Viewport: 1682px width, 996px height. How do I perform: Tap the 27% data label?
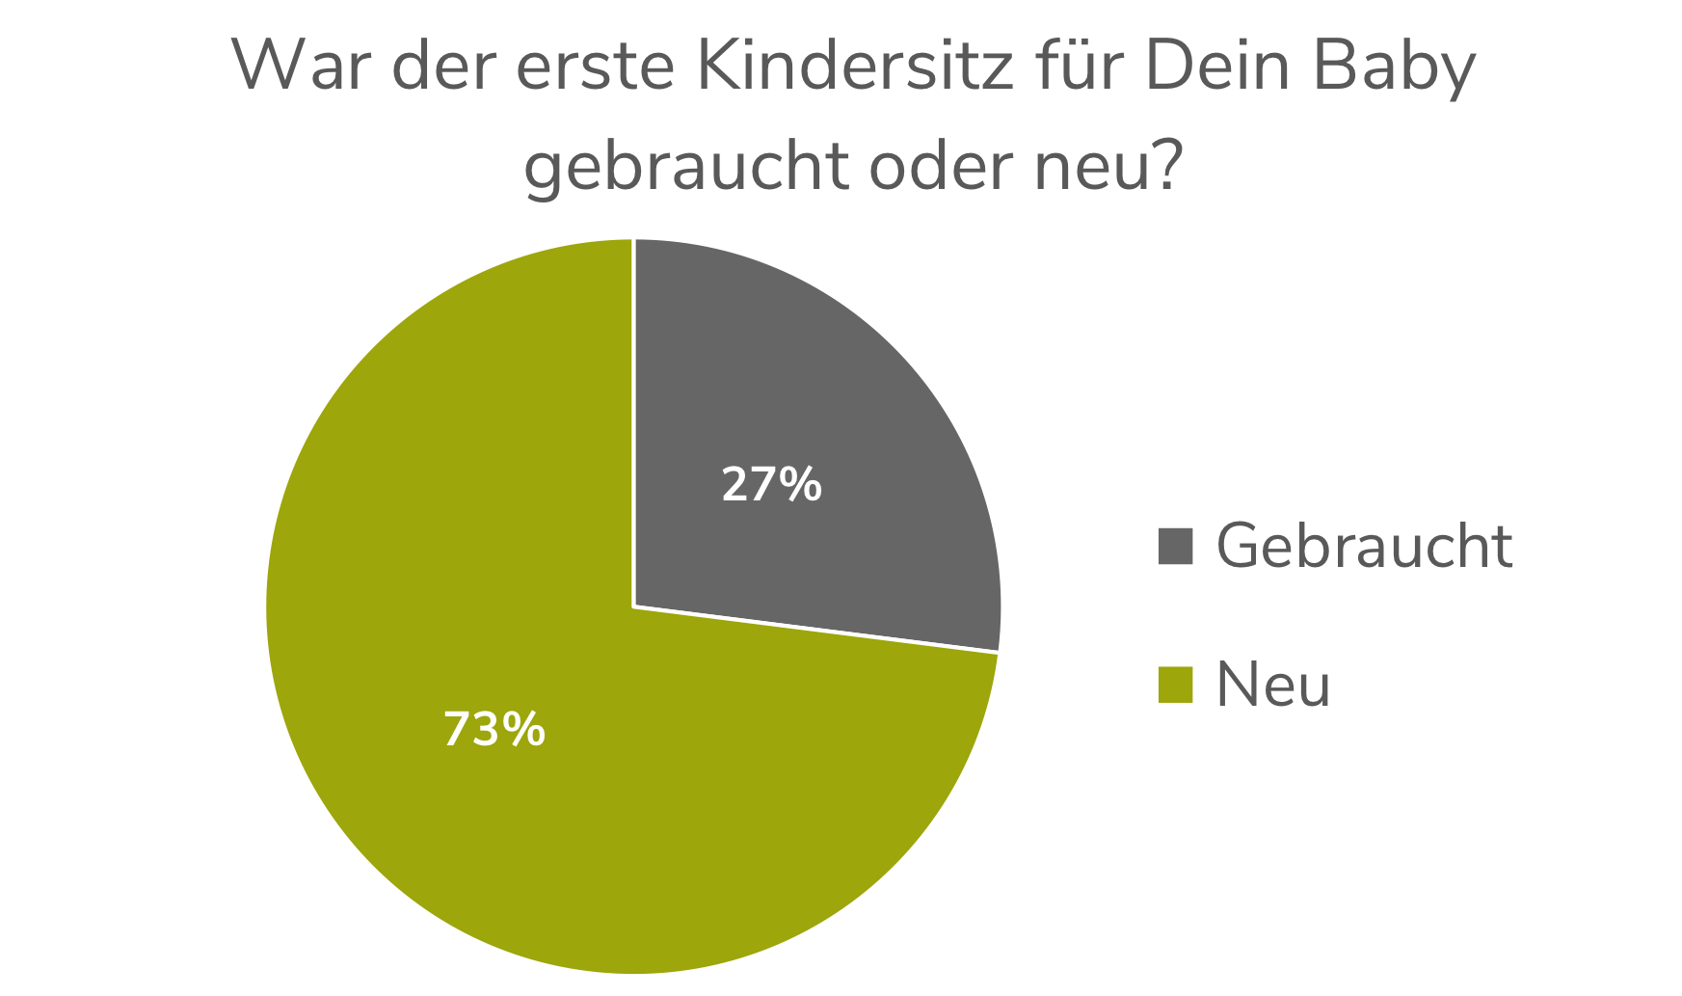[x=771, y=484]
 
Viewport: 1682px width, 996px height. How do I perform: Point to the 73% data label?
[x=494, y=730]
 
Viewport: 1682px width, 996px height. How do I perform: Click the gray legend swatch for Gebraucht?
[x=1175, y=546]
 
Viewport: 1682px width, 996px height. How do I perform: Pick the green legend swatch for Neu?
[x=1175, y=685]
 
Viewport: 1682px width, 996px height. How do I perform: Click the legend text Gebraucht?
[x=1364, y=546]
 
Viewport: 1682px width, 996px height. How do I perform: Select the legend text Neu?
[x=1272, y=685]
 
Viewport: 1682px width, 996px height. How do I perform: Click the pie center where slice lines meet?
[x=633, y=606]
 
